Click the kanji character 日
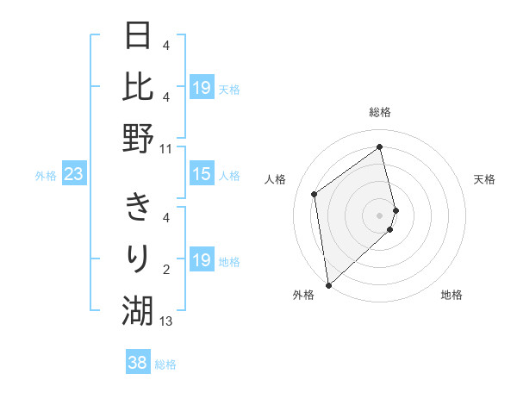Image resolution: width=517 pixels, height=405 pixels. click(x=139, y=35)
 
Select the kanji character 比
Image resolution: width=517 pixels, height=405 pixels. click(x=139, y=86)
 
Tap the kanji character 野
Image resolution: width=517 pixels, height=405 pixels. click(x=139, y=137)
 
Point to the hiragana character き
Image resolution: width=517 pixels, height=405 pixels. click(x=139, y=208)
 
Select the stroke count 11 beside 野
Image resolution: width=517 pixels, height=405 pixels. click(x=166, y=148)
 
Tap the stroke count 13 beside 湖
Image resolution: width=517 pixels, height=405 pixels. click(x=166, y=321)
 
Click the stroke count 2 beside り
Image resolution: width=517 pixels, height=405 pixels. click(x=166, y=270)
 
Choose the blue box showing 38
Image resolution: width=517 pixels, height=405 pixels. click(x=137, y=364)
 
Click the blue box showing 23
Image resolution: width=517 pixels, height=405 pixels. click(x=73, y=175)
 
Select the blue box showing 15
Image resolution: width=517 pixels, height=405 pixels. click(x=201, y=175)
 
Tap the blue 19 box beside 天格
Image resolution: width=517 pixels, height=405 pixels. click(x=201, y=88)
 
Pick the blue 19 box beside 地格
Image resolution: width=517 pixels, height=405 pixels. click(x=201, y=261)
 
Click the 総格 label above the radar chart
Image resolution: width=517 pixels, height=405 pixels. click(x=380, y=112)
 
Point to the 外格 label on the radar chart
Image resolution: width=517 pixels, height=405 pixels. click(x=303, y=295)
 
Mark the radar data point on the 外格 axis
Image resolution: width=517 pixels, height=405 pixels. click(x=328, y=284)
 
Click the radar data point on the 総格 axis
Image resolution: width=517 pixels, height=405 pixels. click(x=380, y=146)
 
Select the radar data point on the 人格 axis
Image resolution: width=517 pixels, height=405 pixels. click(x=315, y=194)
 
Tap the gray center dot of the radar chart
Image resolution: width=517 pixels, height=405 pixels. click(x=380, y=215)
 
